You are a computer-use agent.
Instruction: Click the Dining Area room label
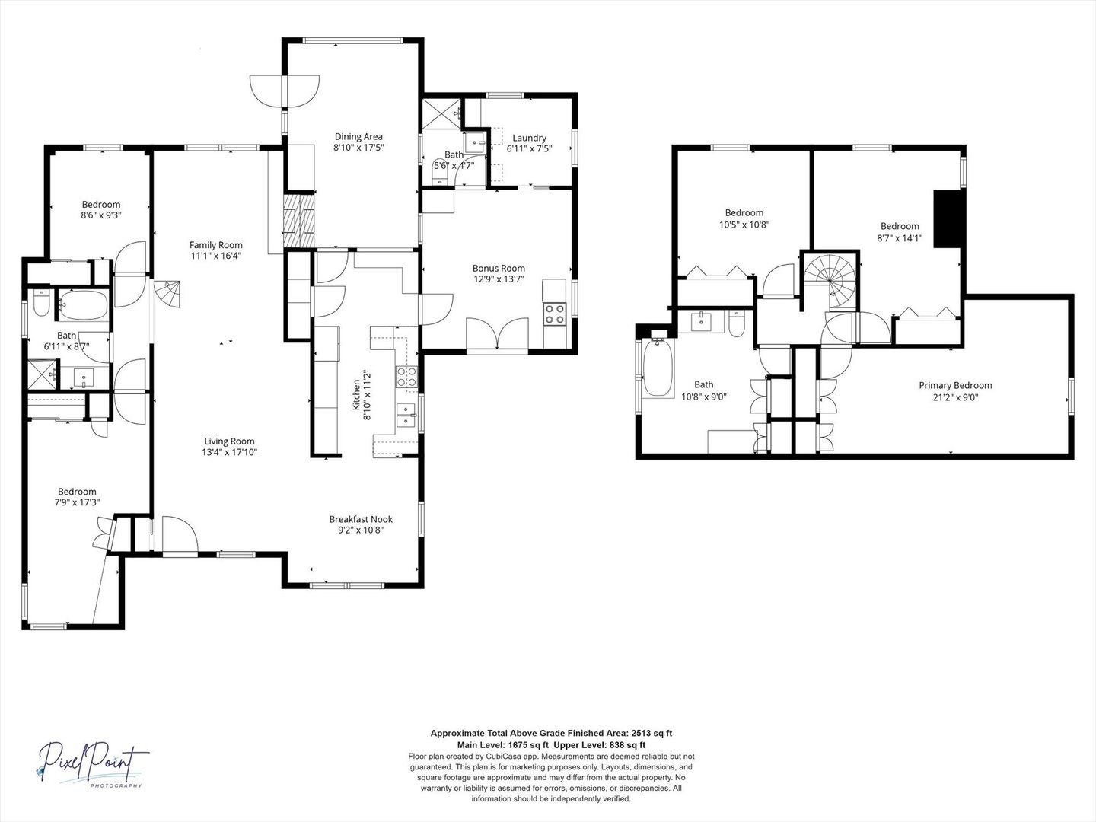(x=358, y=137)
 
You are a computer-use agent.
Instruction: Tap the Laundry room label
(x=529, y=138)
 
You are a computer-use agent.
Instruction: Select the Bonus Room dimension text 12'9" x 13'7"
(x=499, y=279)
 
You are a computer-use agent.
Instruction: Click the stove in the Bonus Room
(x=555, y=314)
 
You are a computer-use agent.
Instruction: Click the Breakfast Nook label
(x=361, y=519)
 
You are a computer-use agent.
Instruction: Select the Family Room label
(x=216, y=245)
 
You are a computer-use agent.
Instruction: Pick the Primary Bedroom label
(x=955, y=385)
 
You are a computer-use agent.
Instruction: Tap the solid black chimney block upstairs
(x=949, y=218)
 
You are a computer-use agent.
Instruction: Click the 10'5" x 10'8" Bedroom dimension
(x=744, y=225)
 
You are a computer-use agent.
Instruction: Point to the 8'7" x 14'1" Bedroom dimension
(x=900, y=237)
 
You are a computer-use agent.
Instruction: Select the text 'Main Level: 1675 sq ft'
(x=503, y=744)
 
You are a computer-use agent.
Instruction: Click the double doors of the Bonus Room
(x=496, y=335)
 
